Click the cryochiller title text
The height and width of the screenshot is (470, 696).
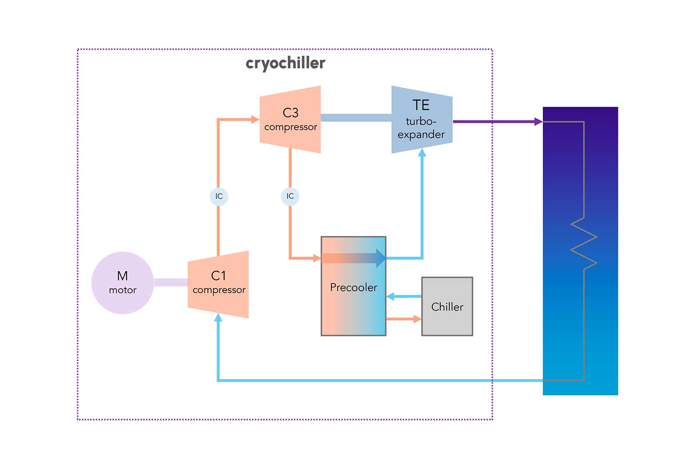[x=285, y=63]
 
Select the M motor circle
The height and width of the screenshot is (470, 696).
[x=123, y=283]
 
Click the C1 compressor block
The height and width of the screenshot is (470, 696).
[x=218, y=284]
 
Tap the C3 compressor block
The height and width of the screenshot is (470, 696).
[x=290, y=120]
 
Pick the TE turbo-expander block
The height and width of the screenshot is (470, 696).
[x=422, y=120]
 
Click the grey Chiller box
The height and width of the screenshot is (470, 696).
[x=447, y=307]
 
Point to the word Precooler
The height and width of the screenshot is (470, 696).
[x=353, y=287]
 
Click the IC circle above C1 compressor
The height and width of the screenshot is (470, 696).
[x=219, y=197]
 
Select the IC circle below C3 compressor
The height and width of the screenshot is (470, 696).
[x=290, y=197]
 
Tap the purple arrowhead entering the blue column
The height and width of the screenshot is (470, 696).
[x=539, y=122]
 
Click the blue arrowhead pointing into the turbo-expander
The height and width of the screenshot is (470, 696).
[x=422, y=153]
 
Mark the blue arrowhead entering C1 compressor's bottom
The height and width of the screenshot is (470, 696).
[x=218, y=318]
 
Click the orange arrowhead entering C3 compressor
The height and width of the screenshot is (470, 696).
[x=255, y=119]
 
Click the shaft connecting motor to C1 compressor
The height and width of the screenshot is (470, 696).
[x=171, y=283]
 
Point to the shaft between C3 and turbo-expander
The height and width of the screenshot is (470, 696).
[x=356, y=118]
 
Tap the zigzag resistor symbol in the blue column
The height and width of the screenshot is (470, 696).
[x=584, y=243]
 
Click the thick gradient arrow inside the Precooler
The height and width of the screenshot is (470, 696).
[x=353, y=258]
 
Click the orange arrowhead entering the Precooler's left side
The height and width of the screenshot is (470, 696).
[x=317, y=258]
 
